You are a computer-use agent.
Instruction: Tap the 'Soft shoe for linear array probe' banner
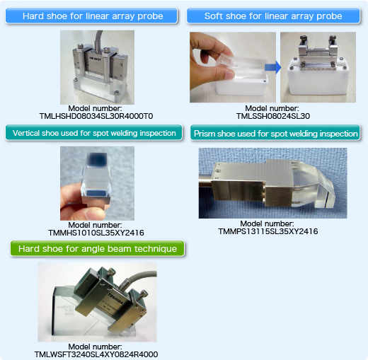(273, 16)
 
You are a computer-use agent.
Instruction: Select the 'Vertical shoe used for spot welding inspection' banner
(94, 133)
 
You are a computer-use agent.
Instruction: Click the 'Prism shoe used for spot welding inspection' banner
(275, 134)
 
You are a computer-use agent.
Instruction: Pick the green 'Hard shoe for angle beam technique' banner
(97, 248)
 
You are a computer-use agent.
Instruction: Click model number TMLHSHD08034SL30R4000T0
(96, 116)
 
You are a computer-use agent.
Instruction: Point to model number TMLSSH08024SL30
(273, 116)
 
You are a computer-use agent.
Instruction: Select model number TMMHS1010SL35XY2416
(96, 233)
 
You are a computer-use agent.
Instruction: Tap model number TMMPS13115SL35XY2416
(268, 231)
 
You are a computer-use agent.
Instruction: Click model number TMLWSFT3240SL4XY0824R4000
(96, 354)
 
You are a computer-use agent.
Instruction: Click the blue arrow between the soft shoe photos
(273, 67)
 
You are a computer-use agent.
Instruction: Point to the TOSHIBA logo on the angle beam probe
(115, 298)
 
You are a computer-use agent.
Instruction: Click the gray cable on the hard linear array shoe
(98, 40)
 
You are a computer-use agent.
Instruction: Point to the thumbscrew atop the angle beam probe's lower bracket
(144, 294)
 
